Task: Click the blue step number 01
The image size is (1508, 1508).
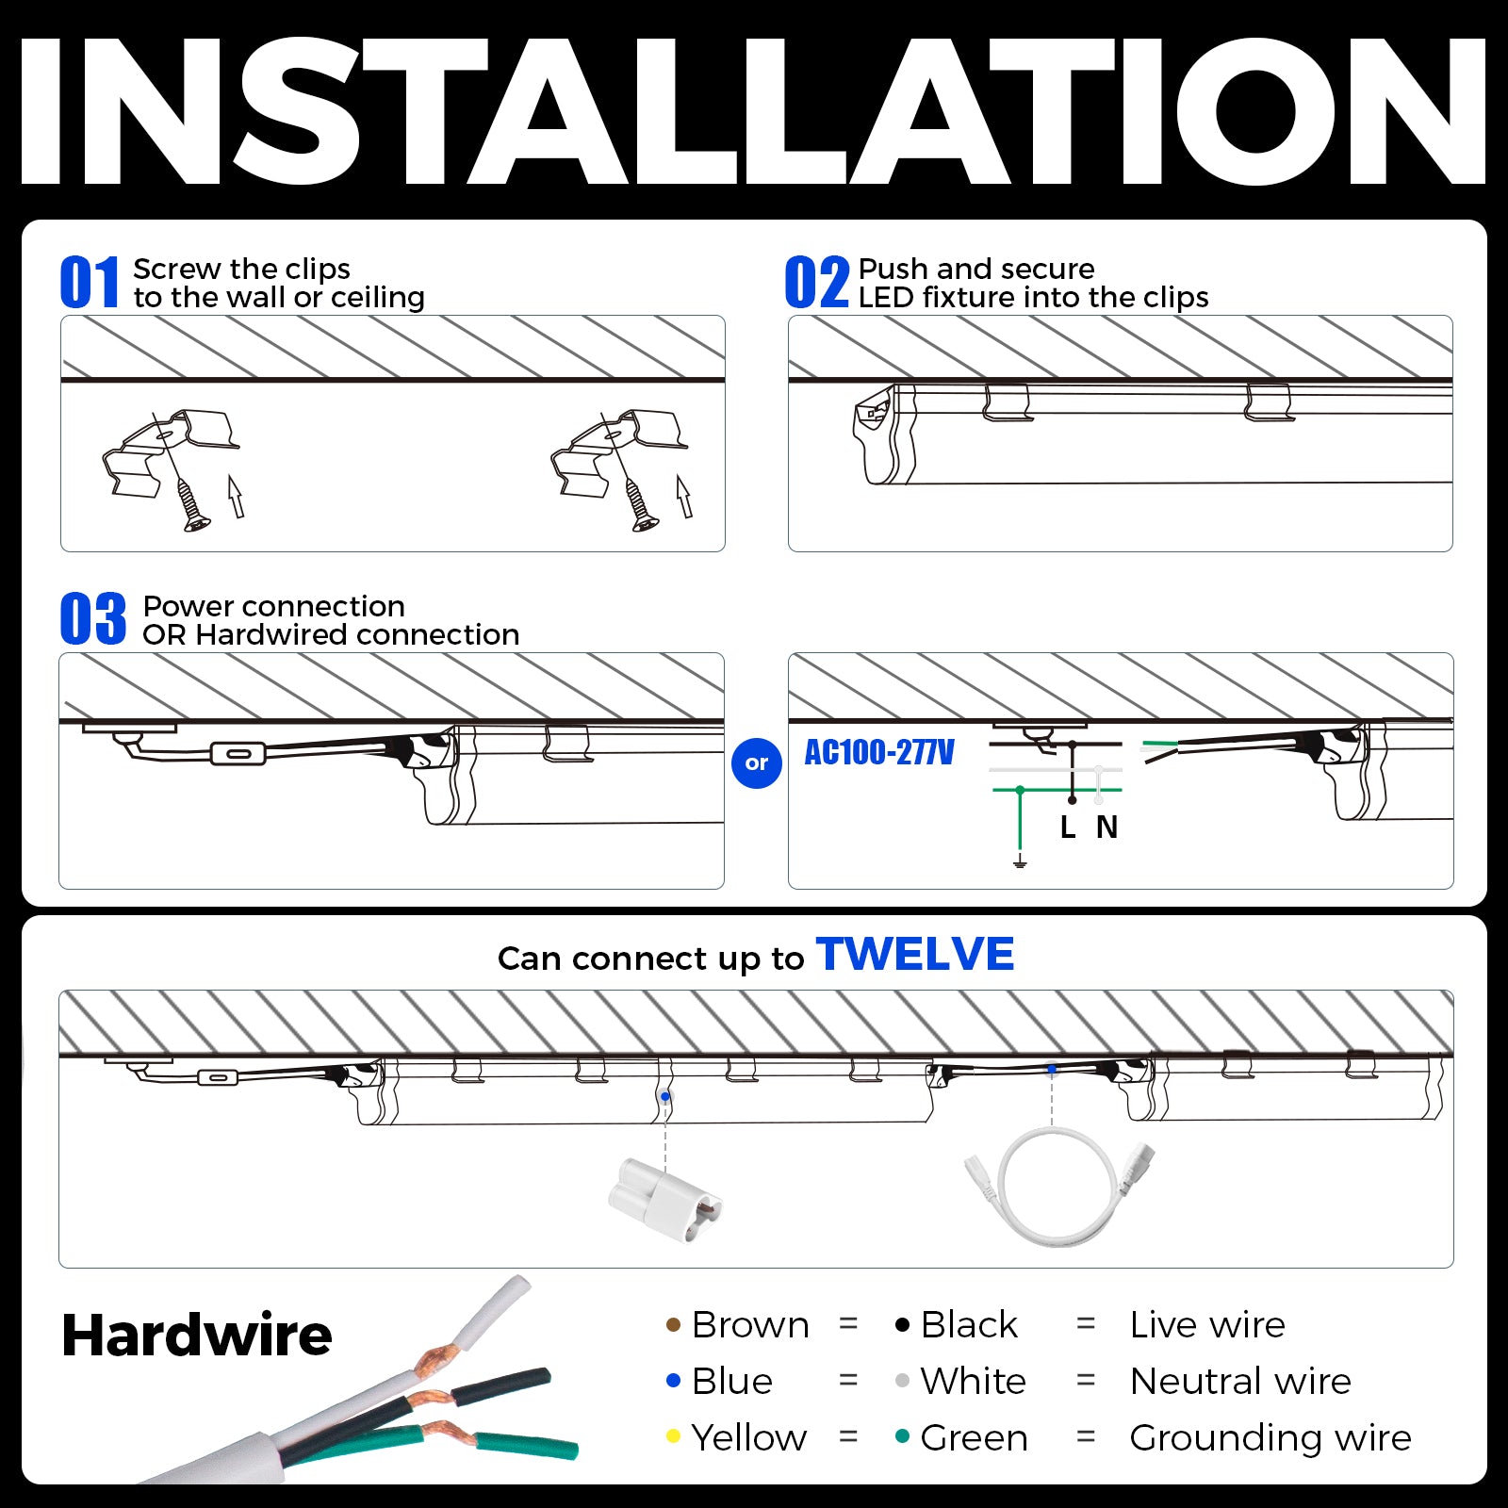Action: point(90,283)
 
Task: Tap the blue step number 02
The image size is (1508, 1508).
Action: point(816,283)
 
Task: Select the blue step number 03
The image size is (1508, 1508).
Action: point(92,619)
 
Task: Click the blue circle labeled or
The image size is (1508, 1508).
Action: point(757,763)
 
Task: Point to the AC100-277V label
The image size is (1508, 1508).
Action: point(878,752)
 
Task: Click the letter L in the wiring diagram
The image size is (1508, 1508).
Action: point(1067,828)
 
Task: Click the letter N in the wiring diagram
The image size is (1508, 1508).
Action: point(1106,828)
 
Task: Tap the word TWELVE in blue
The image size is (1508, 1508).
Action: point(915,954)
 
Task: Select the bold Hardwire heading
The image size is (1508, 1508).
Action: point(196,1336)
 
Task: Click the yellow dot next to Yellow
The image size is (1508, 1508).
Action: point(673,1436)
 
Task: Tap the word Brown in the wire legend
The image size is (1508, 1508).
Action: point(749,1324)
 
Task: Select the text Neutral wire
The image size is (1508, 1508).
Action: point(1240,1381)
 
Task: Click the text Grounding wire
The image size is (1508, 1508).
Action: point(1270,1437)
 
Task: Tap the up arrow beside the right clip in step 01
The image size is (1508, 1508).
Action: point(684,496)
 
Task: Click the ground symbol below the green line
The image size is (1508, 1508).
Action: point(1020,861)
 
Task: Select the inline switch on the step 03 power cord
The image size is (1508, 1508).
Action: point(238,753)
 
